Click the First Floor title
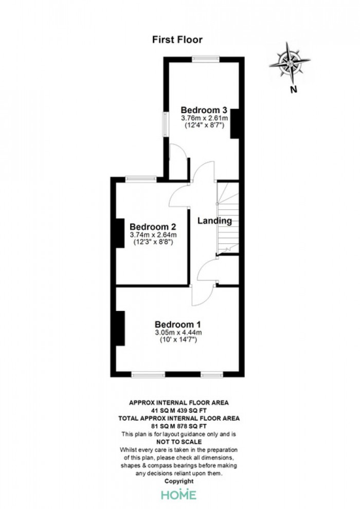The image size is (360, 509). click(x=177, y=40)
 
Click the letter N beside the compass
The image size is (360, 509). click(x=294, y=89)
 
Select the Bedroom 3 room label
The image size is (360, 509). click(x=204, y=110)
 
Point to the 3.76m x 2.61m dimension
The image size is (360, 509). click(x=205, y=118)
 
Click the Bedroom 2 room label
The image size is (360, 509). click(x=153, y=226)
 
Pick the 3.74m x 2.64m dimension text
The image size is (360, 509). click(x=153, y=234)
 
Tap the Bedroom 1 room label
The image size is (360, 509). click(x=178, y=324)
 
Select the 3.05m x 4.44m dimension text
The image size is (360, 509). click(x=178, y=333)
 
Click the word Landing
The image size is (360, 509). click(x=214, y=221)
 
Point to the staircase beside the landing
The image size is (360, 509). click(x=228, y=218)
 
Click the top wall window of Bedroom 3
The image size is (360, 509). click(x=206, y=59)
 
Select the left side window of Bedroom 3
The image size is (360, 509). click(x=166, y=124)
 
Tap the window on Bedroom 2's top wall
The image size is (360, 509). click(x=141, y=179)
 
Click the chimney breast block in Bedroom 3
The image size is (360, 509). click(x=235, y=124)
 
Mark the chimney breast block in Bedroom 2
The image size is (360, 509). click(x=120, y=233)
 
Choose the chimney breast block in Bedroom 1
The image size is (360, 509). click(x=120, y=328)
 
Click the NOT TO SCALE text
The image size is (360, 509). click(x=179, y=442)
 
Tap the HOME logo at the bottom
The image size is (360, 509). click(x=179, y=495)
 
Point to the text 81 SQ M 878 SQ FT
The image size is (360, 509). click(x=179, y=426)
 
